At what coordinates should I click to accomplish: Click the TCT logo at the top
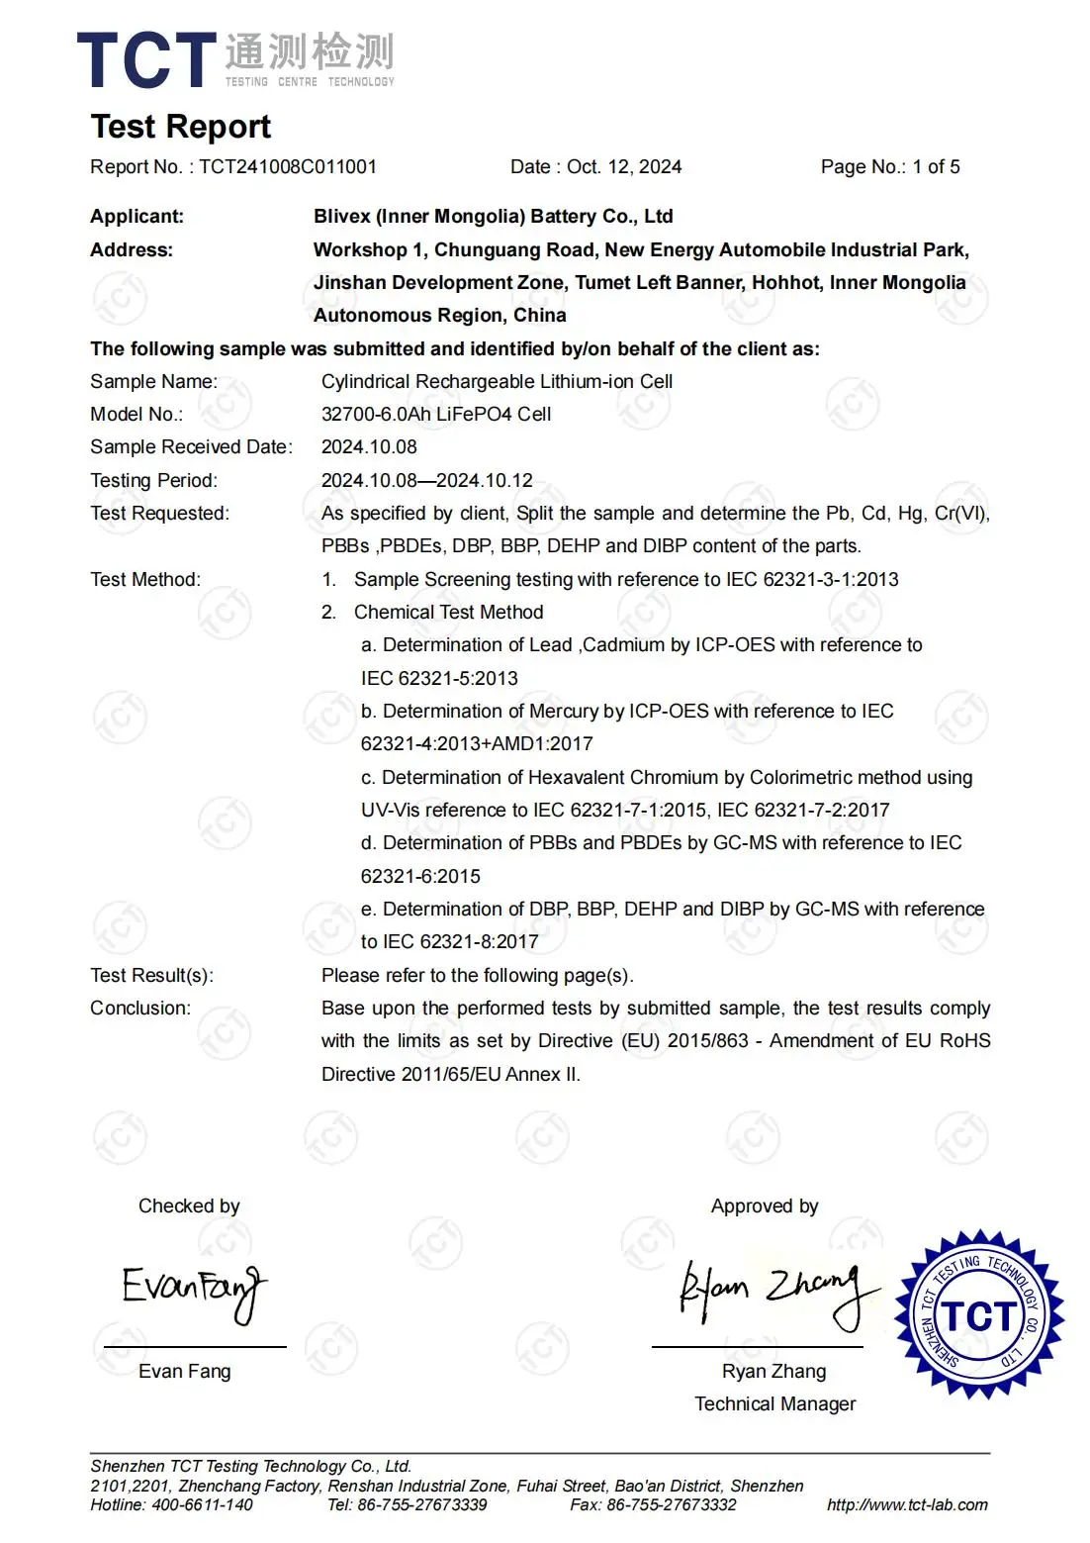234,59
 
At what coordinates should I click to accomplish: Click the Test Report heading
181,127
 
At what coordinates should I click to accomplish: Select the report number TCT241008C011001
288,167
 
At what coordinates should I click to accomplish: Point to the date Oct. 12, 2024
624,167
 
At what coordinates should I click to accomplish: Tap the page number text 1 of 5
936,167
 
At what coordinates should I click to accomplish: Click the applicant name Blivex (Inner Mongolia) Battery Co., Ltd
493,217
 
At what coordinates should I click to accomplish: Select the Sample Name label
153,382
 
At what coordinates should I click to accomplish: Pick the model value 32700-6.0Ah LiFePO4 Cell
436,415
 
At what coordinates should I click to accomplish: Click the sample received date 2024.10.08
369,447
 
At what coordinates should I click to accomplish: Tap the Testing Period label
153,481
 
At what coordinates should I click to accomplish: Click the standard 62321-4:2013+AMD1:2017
477,744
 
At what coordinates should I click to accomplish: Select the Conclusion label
140,1009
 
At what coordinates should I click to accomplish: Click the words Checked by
189,1206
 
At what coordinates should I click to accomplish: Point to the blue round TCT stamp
978,1314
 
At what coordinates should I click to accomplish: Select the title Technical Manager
774,1404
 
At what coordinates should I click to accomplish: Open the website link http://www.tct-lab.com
907,1505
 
